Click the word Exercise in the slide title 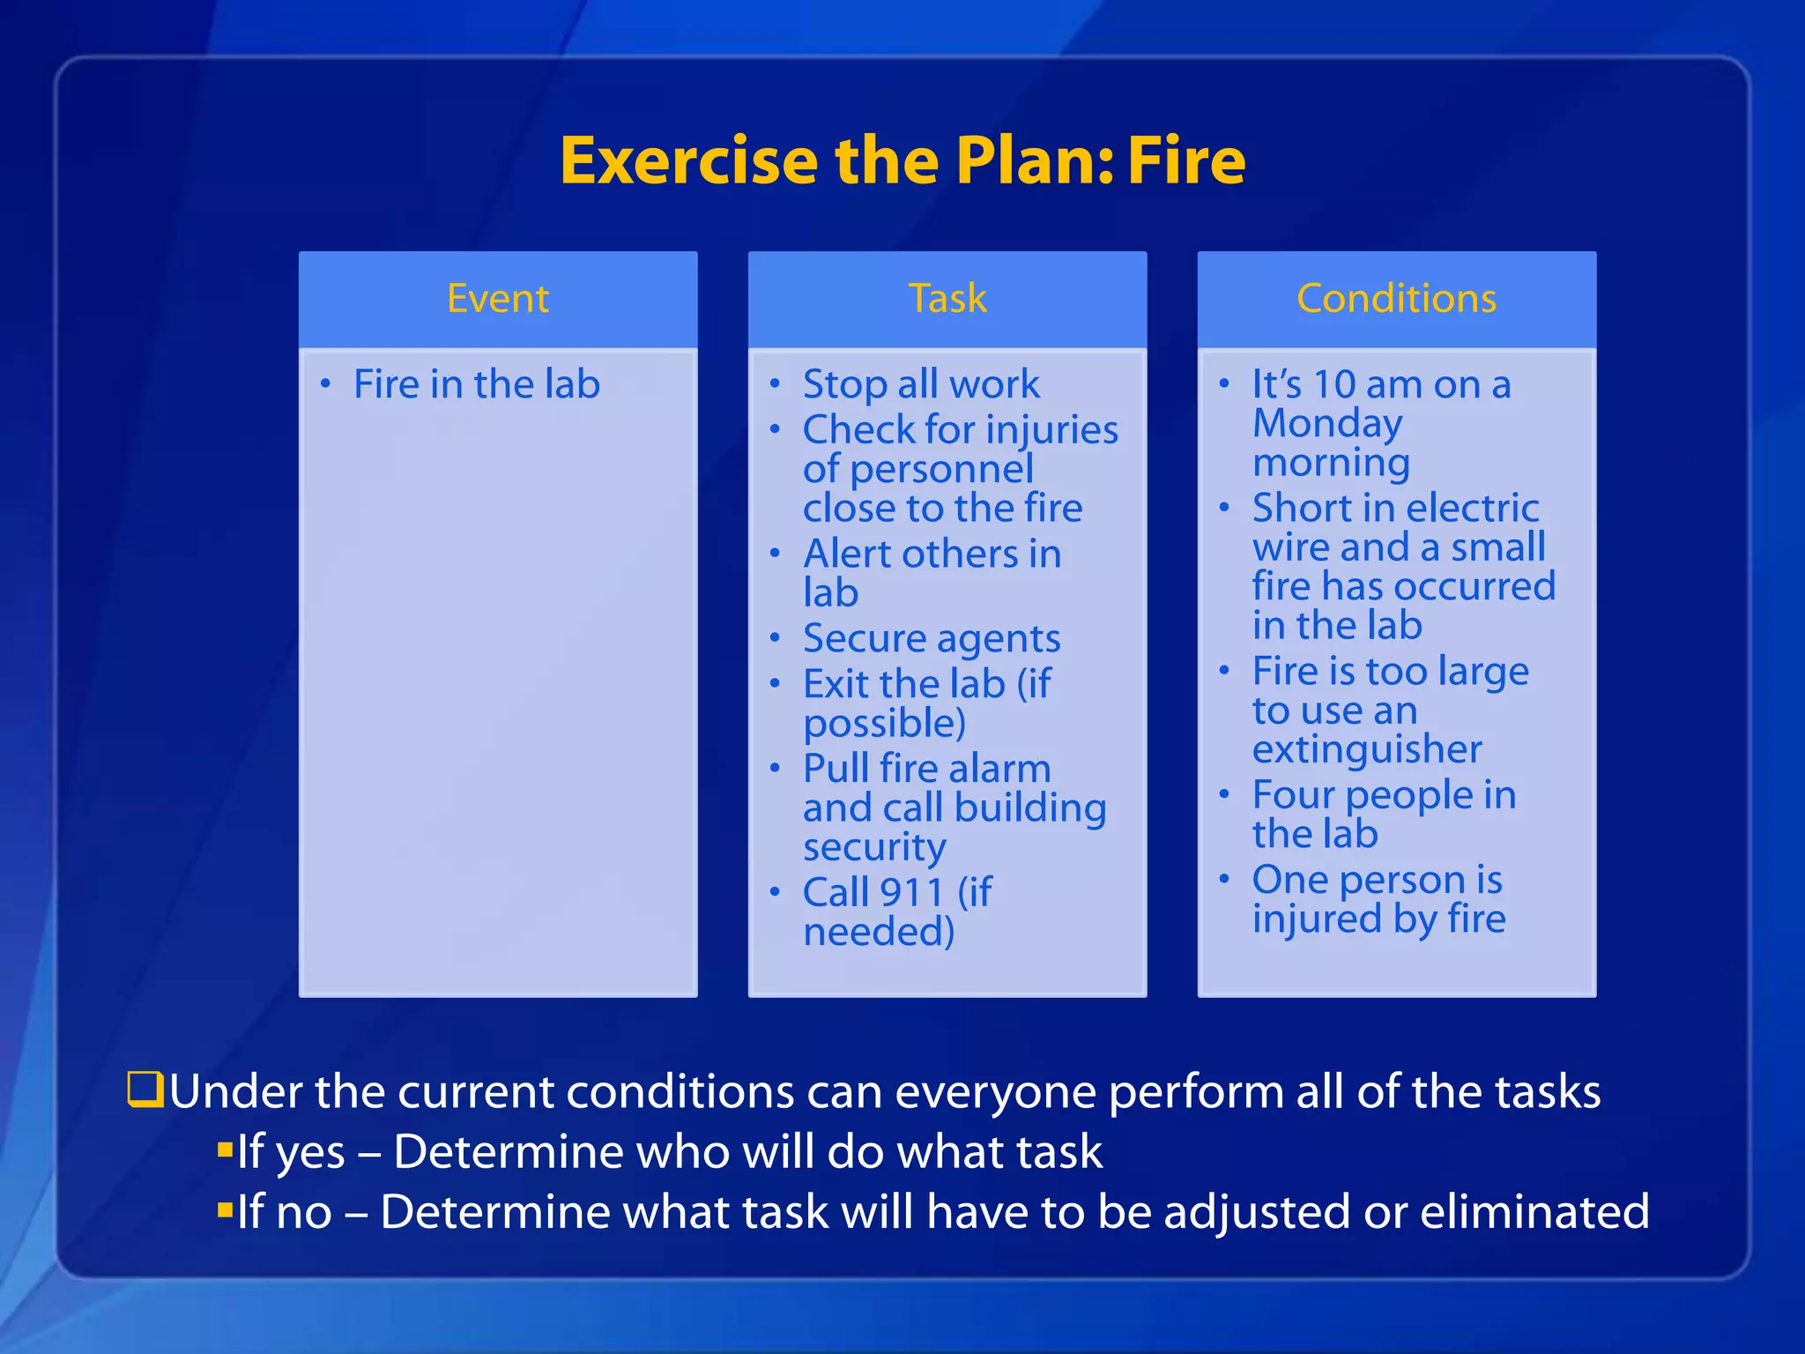pos(688,161)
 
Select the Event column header pos(498,298)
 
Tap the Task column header pos(947,298)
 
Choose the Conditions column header pos(1396,298)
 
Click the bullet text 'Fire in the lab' pos(476,384)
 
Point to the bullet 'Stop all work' pos(920,384)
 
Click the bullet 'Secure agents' pos(931,638)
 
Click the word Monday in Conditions pos(1326,424)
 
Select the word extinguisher pos(1367,749)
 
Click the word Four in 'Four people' pos(1293,795)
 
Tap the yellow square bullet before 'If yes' pos(225,1149)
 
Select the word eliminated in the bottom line pos(1534,1211)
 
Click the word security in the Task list pos(874,847)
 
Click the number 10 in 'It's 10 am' pos(1333,384)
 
